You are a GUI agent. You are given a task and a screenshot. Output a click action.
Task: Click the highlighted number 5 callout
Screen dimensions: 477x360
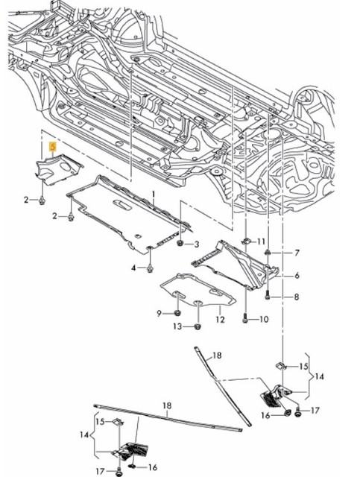coord(51,148)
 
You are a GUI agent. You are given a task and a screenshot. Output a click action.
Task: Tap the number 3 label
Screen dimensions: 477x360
coord(196,244)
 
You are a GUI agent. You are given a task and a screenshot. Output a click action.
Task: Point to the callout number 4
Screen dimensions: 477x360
coord(134,268)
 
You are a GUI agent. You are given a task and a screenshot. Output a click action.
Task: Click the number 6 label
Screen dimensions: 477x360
coord(296,276)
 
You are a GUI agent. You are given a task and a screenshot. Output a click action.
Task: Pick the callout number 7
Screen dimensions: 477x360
coord(296,253)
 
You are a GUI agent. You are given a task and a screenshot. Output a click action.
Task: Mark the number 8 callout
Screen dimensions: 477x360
coord(296,297)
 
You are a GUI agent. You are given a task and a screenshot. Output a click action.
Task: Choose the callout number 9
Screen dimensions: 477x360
coord(159,312)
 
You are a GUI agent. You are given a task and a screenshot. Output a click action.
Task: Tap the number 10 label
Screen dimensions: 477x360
coord(264,320)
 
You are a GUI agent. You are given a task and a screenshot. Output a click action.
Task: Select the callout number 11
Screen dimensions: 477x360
coord(261,242)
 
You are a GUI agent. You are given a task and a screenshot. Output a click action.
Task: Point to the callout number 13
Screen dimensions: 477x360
coord(177,326)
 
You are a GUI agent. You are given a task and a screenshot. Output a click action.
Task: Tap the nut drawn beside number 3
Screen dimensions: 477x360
coord(180,243)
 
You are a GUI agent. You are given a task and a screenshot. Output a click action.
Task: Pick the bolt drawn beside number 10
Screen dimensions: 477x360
coord(245,319)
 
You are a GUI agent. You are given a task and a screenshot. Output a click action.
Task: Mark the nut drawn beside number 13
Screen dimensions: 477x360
coord(197,326)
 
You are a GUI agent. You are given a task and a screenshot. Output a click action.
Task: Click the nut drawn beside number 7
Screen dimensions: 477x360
coord(271,253)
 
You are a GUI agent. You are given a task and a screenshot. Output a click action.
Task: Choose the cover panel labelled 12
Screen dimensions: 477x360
coord(198,292)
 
